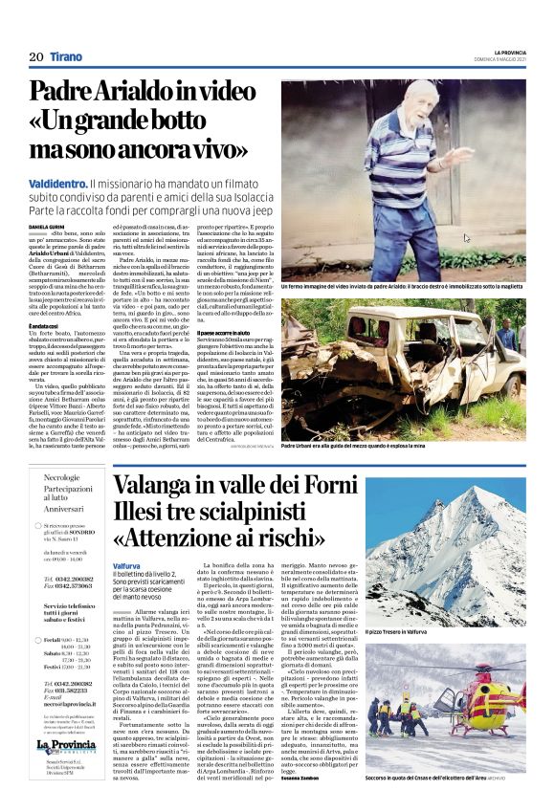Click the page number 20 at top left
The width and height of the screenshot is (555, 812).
36,57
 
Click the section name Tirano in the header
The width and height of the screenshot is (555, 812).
67,57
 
